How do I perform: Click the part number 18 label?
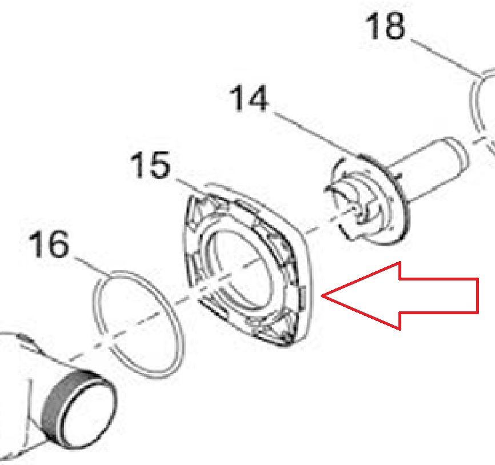click(385, 26)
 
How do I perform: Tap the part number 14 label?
click(249, 98)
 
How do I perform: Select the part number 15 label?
click(150, 165)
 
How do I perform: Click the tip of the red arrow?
click(321, 295)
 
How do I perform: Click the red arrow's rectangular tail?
click(440, 295)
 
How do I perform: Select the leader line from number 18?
click(445, 58)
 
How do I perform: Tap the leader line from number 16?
click(92, 267)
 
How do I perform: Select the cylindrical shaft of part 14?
click(429, 170)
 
